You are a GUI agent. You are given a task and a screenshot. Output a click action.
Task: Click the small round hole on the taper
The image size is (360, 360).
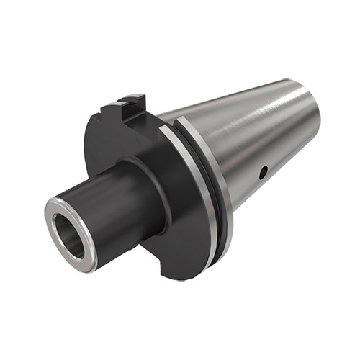[264, 171]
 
